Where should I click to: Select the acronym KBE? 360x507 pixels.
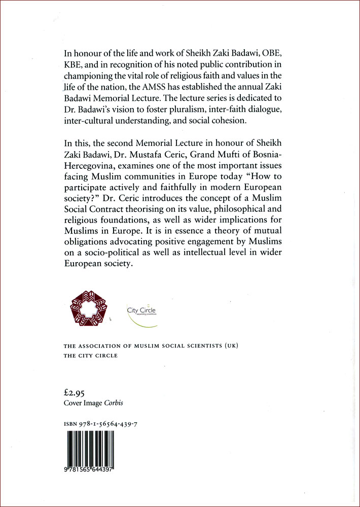[x=74, y=65]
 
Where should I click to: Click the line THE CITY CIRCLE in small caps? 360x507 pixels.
[x=90, y=355]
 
